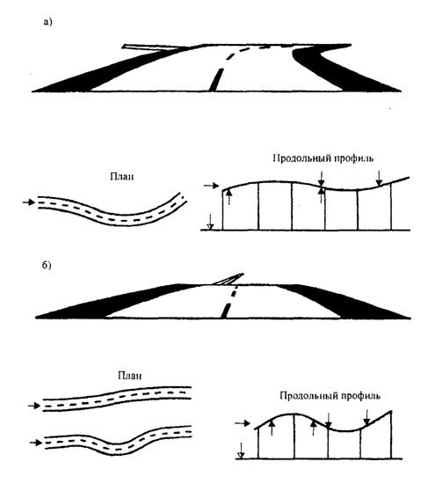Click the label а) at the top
(47, 22)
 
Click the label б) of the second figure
(47, 265)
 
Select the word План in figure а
(122, 177)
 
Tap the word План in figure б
(130, 376)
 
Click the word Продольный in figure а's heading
(300, 158)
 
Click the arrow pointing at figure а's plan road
(29, 202)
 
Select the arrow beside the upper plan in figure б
(34, 406)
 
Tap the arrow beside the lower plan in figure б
(36, 443)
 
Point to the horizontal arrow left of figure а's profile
(212, 186)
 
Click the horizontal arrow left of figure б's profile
(243, 423)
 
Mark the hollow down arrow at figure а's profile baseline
(210, 222)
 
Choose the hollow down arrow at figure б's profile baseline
(241, 451)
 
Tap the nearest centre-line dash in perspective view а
(216, 80)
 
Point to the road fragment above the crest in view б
(228, 279)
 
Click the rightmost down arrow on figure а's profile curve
(380, 179)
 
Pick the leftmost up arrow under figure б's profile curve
(272, 427)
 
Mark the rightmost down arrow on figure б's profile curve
(366, 417)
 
